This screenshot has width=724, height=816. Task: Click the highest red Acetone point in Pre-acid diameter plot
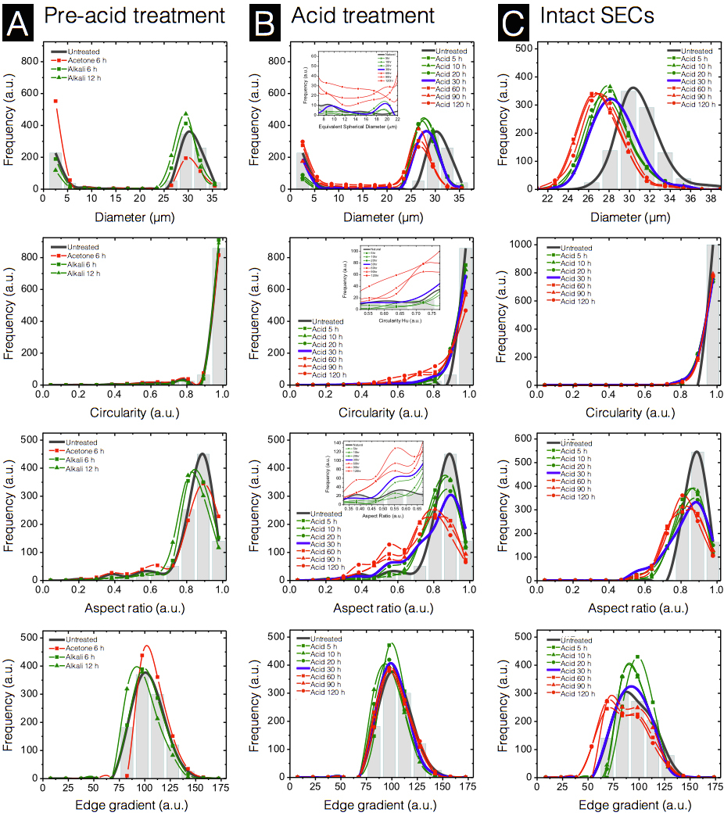click(56, 101)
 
